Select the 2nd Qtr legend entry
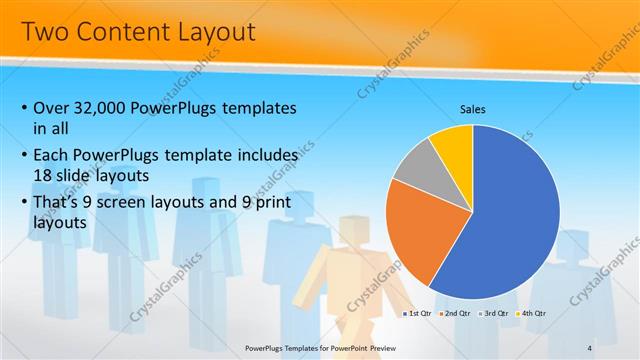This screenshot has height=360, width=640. pyautogui.click(x=456, y=314)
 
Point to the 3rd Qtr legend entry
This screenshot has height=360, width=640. pyautogui.click(x=494, y=314)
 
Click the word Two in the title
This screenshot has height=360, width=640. pyautogui.click(x=44, y=31)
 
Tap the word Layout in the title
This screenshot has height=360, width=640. pyautogui.click(x=219, y=31)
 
